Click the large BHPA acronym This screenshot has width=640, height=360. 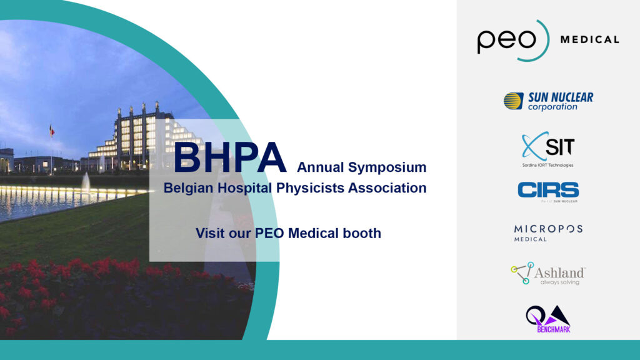tap(230, 158)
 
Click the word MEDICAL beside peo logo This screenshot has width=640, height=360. tap(590, 39)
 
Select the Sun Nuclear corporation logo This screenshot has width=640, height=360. tap(548, 101)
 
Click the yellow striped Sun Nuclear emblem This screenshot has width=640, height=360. tap(514, 101)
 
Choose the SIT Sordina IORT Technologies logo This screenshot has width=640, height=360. tap(548, 149)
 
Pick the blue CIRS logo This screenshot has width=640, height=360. tap(548, 191)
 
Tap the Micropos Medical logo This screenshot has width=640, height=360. tap(548, 233)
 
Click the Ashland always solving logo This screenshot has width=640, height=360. tap(548, 274)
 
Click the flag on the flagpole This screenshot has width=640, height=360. tap(52, 131)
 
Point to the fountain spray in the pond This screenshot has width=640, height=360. tap(86, 182)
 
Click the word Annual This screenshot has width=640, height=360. tap(315, 167)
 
